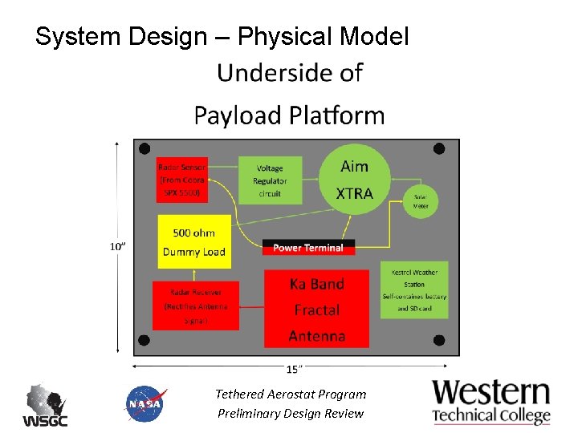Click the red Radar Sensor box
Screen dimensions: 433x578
tap(182, 180)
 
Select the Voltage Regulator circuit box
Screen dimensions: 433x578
tap(270, 180)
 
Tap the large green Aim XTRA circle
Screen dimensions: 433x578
tap(354, 180)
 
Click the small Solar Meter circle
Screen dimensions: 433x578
tap(421, 200)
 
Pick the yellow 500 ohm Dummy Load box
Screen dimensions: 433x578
tap(193, 242)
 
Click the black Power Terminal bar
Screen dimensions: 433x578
tap(308, 248)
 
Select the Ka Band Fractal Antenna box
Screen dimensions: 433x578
tap(316, 309)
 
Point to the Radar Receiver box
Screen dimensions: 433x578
tap(195, 306)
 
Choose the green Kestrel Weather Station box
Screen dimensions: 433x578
tap(414, 290)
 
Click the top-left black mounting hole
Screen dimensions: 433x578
tap(144, 149)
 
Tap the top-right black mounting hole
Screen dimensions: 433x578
tap(439, 148)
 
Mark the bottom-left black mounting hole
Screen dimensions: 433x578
tap(144, 340)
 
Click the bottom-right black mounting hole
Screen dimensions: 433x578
tap(439, 338)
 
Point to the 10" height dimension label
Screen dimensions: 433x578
tap(117, 246)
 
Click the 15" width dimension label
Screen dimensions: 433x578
tap(295, 369)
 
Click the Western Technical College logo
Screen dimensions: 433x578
tap(491, 402)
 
